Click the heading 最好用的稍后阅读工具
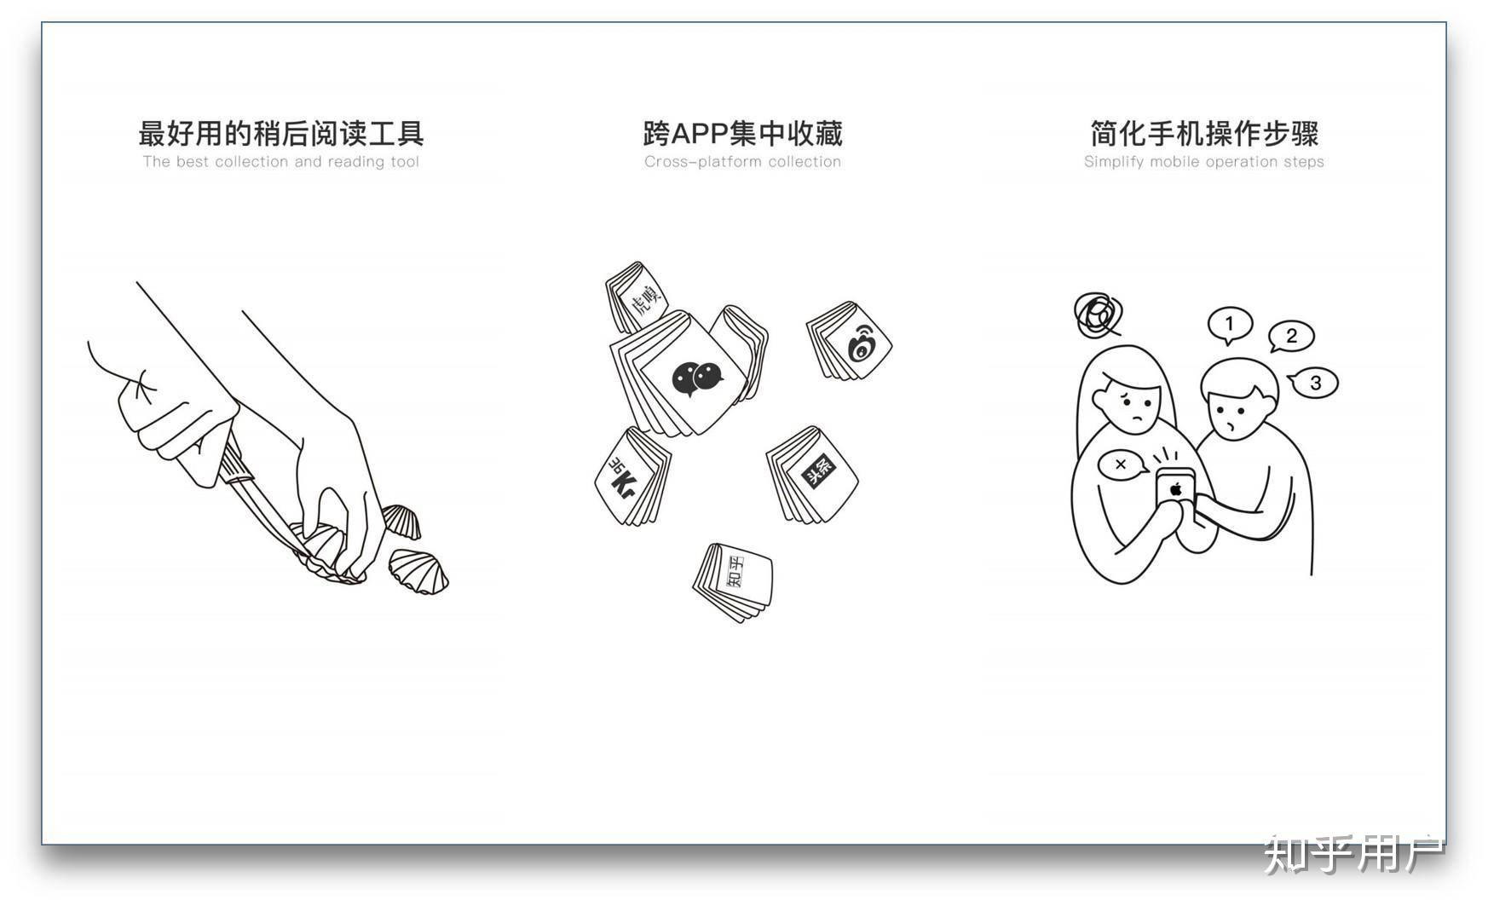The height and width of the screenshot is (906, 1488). pyautogui.click(x=281, y=134)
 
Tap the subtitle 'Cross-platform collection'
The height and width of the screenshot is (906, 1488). pyautogui.click(x=742, y=162)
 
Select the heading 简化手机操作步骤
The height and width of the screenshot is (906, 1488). pyautogui.click(x=1204, y=134)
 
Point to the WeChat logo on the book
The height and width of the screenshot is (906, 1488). pyautogui.click(x=697, y=378)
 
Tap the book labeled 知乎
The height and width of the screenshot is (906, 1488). pyautogui.click(x=734, y=582)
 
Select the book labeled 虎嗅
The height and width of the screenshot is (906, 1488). pyautogui.click(x=637, y=297)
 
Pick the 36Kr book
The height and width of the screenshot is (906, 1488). pyautogui.click(x=632, y=476)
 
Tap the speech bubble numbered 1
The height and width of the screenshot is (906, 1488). pyautogui.click(x=1229, y=326)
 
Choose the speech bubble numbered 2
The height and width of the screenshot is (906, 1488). pyautogui.click(x=1291, y=337)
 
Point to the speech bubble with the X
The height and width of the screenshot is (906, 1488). pyautogui.click(x=1121, y=465)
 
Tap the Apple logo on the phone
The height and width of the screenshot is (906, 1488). pyautogui.click(x=1176, y=489)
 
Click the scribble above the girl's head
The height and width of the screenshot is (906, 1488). pyautogui.click(x=1098, y=315)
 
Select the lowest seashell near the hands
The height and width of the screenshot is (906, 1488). pyautogui.click(x=418, y=571)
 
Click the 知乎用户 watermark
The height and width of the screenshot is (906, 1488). pyautogui.click(x=1353, y=854)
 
